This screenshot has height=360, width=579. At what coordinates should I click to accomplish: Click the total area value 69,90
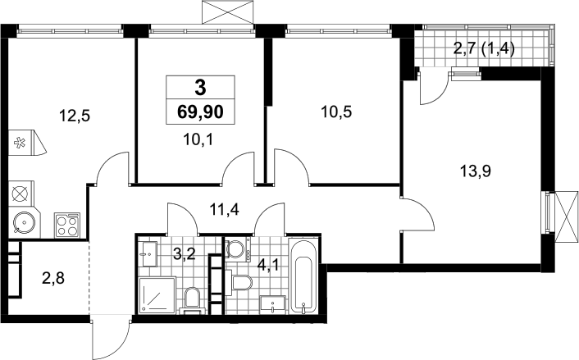tap(200, 112)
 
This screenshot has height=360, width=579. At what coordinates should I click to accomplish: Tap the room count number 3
tap(200, 88)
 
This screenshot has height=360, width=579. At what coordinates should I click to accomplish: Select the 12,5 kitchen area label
tap(75, 116)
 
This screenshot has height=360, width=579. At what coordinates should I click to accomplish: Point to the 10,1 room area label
tap(198, 140)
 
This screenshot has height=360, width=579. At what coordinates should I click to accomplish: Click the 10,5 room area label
tap(336, 112)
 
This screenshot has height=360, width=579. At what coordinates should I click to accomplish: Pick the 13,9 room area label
tap(475, 171)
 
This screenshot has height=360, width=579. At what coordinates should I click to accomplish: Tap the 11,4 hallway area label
tap(224, 210)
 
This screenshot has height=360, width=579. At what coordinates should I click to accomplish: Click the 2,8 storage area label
tap(53, 278)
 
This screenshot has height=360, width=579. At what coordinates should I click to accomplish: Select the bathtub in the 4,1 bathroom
tap(303, 276)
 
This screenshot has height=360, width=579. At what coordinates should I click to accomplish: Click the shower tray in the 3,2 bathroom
tap(157, 295)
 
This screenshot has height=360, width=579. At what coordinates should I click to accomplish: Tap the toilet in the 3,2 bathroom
tap(192, 300)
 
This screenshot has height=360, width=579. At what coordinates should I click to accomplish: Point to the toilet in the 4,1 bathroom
tap(239, 282)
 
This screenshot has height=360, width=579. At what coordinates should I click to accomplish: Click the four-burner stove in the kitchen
tap(67, 225)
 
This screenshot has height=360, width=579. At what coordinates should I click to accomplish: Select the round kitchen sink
tap(25, 223)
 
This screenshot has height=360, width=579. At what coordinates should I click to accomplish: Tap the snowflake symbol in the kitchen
tap(19, 143)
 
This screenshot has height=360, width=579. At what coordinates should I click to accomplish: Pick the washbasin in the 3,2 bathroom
tap(148, 253)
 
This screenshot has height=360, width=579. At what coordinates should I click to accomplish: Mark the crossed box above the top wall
tap(228, 12)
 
